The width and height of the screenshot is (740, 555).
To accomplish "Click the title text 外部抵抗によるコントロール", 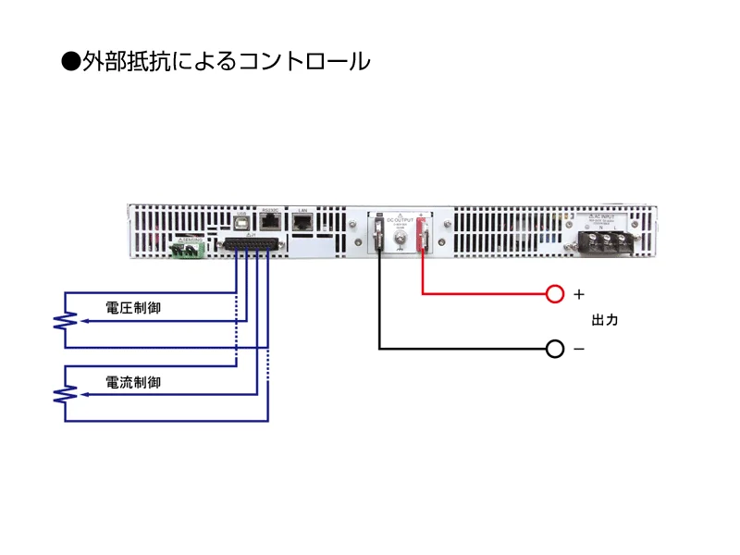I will coord(228,62).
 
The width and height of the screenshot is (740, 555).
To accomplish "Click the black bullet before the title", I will coord(71,62).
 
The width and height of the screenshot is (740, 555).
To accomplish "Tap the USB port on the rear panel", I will coord(242,223).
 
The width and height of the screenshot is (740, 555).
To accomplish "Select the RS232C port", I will coord(270,222).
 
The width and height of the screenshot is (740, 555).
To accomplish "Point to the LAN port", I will coord(302,222).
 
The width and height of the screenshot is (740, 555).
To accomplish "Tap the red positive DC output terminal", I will coord(423,234).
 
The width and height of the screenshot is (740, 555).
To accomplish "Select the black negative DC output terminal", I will coord(379,234).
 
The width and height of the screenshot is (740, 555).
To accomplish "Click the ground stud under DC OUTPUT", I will coord(401,242).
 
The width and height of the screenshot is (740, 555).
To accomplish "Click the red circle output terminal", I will coord(554,294).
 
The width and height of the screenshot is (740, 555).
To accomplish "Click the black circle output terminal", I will coord(554,349).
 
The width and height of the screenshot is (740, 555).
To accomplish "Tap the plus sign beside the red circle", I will coord(579,294).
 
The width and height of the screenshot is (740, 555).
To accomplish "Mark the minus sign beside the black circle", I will coord(579,349).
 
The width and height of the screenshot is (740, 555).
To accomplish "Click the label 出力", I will coord(604,321).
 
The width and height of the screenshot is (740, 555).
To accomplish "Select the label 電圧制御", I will coord(133,308).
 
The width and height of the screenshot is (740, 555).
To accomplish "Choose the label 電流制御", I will coord(133,381).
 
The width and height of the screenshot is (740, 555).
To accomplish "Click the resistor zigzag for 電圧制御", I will coord(65,321).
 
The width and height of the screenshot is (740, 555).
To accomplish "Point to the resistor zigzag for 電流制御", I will coord(65,395).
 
